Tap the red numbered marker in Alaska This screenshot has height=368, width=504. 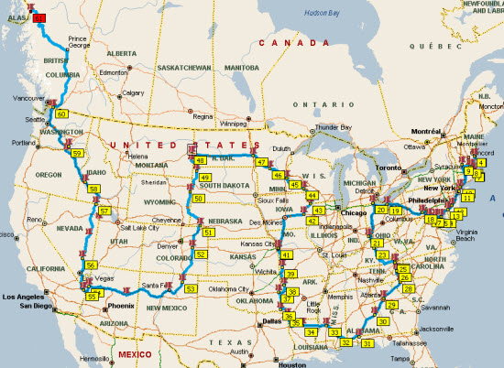tap(38, 17)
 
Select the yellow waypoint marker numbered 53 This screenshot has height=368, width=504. tap(191, 288)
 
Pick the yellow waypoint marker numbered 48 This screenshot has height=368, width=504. tap(200, 160)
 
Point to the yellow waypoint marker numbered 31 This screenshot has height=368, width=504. tap(367, 343)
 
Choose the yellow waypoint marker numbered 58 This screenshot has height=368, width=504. tap(93, 189)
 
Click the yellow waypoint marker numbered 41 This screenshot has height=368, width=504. tap(287, 254)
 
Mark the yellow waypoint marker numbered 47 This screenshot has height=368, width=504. tap(262, 162)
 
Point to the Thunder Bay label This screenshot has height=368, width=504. tap(333, 127)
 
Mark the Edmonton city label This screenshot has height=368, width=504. tap(115, 72)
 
